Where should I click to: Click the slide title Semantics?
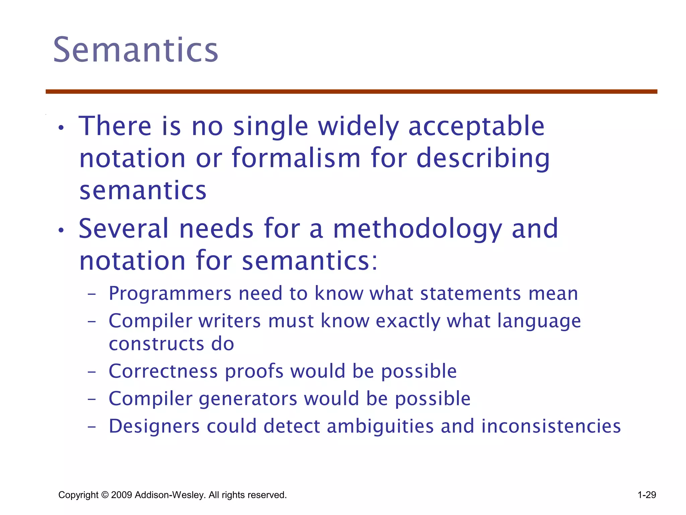pos(136,50)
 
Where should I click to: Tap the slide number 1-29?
pos(646,495)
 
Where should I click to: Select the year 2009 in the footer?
pos(121,495)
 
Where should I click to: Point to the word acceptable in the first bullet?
pos(476,127)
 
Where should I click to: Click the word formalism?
pos(296,158)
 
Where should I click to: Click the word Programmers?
pos(170,294)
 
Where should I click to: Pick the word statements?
pos(471,294)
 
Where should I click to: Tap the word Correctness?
pos(163,371)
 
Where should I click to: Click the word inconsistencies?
pos(551,426)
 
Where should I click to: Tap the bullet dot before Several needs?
pos(61,230)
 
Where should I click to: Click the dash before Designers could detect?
pos(91,427)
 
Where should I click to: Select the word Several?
pos(124,229)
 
